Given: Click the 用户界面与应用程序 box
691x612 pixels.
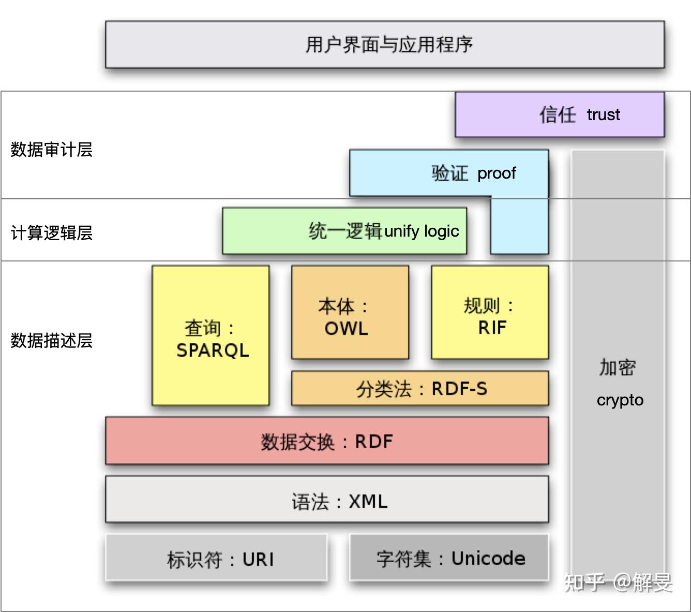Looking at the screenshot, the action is pyautogui.click(x=385, y=45).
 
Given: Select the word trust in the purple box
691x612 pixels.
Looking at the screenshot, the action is pyautogui.click(x=603, y=115).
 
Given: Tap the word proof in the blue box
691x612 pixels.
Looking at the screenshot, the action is pyautogui.click(x=497, y=173).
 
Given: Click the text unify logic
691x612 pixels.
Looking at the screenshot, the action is pyautogui.click(x=422, y=231).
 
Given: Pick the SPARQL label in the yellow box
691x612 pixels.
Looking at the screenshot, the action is pyautogui.click(x=213, y=351).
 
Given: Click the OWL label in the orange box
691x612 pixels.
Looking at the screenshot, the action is pyautogui.click(x=346, y=329).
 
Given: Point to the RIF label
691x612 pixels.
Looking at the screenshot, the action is pyautogui.click(x=492, y=328).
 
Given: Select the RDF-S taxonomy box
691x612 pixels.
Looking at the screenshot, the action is pyautogui.click(x=420, y=388).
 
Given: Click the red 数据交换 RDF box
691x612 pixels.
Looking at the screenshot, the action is pyautogui.click(x=327, y=441).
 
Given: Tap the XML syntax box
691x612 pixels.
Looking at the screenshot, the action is pyautogui.click(x=327, y=499).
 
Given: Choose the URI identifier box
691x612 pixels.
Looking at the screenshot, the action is pyautogui.click(x=216, y=557).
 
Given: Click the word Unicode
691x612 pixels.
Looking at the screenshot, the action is pyautogui.click(x=488, y=558).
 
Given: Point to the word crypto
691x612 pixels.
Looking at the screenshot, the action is pyautogui.click(x=620, y=400).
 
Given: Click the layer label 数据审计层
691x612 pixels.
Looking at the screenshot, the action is pyautogui.click(x=52, y=150).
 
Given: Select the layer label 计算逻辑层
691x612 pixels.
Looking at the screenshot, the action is pyautogui.click(x=52, y=233).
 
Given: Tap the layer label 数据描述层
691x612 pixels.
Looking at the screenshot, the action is pyautogui.click(x=52, y=341).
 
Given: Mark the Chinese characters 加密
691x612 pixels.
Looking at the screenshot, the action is pyautogui.click(x=618, y=368).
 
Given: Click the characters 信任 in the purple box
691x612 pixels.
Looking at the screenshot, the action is pyautogui.click(x=558, y=114).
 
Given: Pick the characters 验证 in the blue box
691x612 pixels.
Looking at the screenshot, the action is pyautogui.click(x=450, y=173).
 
